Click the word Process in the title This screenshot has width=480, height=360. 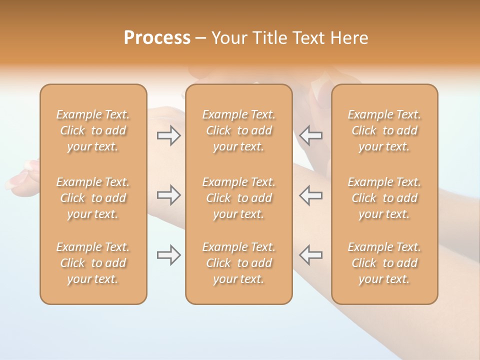tap(157, 38)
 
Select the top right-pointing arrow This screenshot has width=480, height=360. tap(169, 135)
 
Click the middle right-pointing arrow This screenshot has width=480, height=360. tap(169, 195)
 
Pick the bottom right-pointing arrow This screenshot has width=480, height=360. tap(169, 255)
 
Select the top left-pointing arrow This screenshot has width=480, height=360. tap(310, 135)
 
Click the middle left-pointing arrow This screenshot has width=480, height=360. tap(310, 195)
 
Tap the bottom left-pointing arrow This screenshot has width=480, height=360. tap(310, 255)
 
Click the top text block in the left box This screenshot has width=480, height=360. tap(93, 130)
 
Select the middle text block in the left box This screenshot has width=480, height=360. tap(93, 198)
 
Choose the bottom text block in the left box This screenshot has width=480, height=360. tap(93, 263)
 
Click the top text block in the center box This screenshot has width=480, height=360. tap(238, 130)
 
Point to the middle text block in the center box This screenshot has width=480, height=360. tap(238, 198)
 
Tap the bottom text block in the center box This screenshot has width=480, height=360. tap(238, 263)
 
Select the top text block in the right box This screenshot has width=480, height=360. tap(384, 130)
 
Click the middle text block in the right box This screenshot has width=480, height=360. tap(384, 198)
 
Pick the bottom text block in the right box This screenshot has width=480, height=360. tap(384, 263)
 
